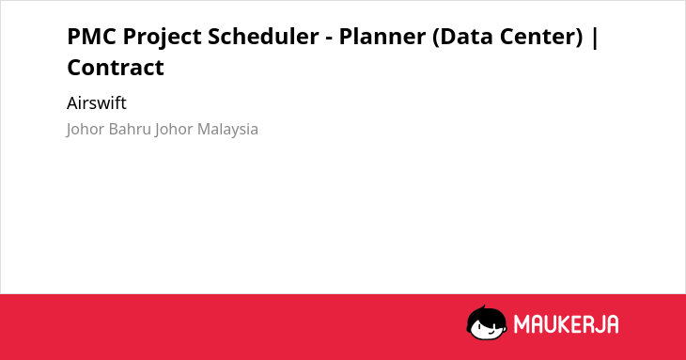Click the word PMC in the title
[91, 37]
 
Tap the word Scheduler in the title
[263, 37]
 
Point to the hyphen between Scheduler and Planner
[329, 39]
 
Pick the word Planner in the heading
[382, 37]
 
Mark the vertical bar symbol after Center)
[594, 38]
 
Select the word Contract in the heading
[116, 68]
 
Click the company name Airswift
[97, 103]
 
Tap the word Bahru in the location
[130, 129]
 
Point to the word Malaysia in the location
[227, 130]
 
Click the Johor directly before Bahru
[86, 130]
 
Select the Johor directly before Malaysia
[174, 130]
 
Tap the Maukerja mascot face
[487, 322]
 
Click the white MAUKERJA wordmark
[566, 324]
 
